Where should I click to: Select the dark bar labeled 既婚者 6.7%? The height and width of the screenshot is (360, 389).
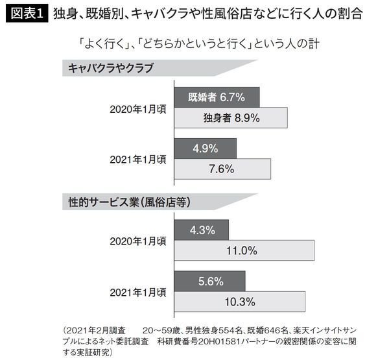coord(217,97)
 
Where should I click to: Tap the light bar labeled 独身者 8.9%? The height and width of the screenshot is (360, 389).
coord(231,118)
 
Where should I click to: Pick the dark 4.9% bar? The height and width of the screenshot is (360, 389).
coord(205,148)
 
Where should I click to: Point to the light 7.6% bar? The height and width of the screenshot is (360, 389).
coord(222,168)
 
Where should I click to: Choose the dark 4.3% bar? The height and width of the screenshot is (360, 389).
coord(201,230)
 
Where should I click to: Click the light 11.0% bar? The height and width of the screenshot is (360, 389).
coord(244,250)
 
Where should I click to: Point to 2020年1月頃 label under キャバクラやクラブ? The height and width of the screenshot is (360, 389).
coord(137,108)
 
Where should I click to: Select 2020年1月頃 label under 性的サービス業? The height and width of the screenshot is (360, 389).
coord(137,241)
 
